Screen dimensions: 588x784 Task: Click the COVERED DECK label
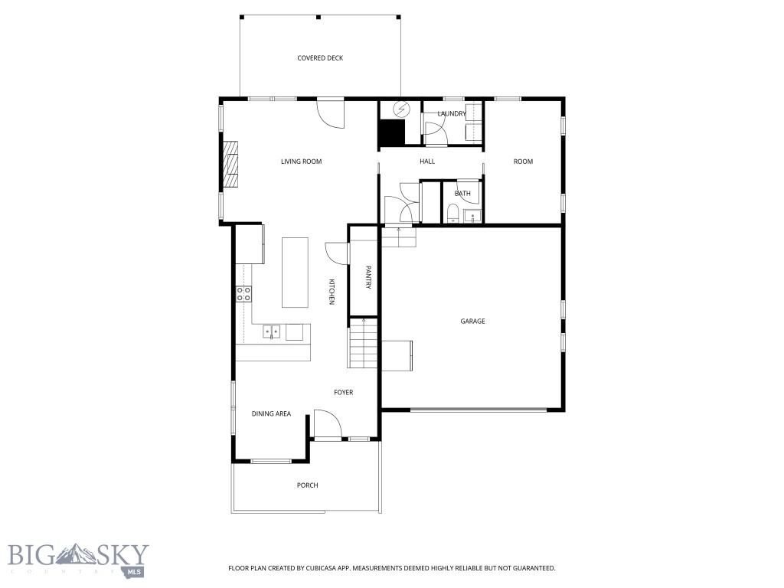[320, 58]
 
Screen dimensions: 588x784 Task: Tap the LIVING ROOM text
[301, 162]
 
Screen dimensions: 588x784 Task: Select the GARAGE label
[472, 322]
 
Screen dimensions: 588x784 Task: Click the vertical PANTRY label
[368, 277]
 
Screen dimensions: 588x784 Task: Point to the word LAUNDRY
[452, 114]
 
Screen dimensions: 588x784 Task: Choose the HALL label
[427, 162]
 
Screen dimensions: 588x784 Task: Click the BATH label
[462, 193]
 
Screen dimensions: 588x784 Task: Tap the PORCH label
[307, 485]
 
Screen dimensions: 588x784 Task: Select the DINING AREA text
[271, 414]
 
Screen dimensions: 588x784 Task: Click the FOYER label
[343, 393]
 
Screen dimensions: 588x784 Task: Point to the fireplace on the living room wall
[230, 164]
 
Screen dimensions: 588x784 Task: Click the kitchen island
[295, 272]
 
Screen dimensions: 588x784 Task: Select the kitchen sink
[271, 332]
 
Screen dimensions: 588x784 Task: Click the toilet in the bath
[452, 213]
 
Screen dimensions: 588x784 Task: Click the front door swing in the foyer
[325, 423]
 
